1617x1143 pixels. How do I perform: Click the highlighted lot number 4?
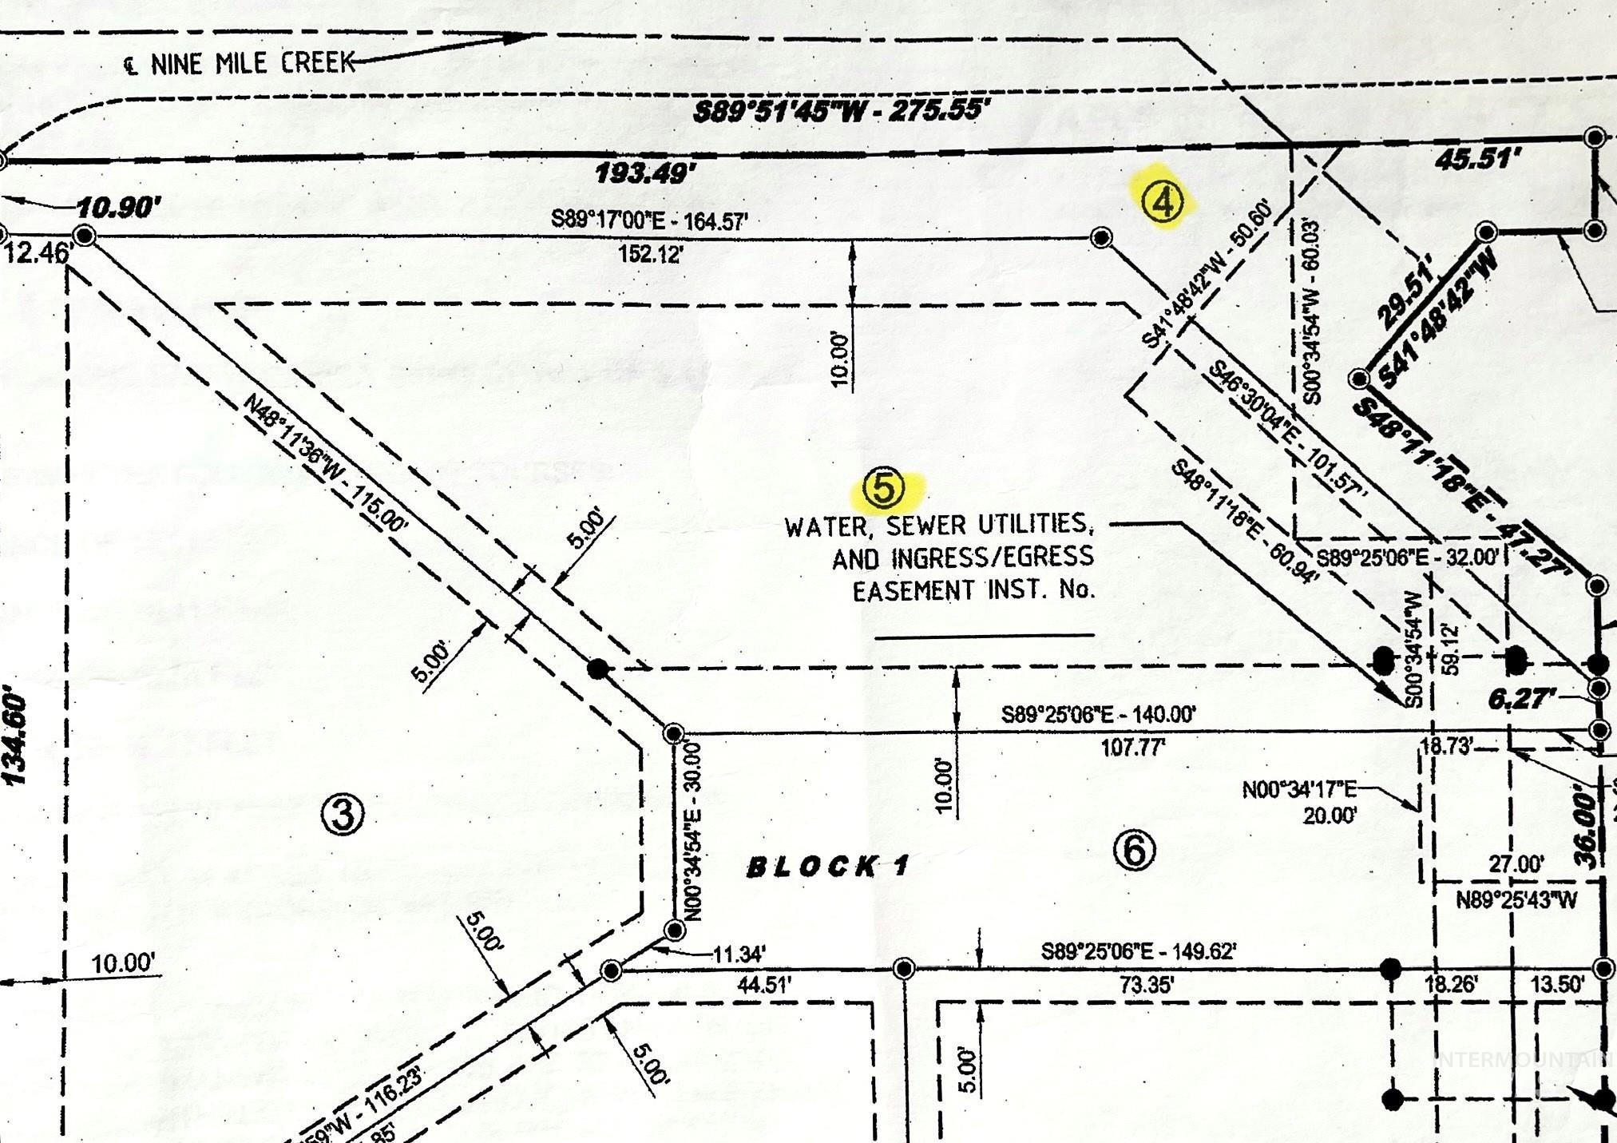pos(1163,202)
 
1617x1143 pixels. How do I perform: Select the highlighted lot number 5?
pos(884,488)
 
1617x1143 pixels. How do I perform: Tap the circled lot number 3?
pos(343,815)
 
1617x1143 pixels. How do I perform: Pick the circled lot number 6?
pos(1134,851)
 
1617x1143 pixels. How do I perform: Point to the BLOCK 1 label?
pos(827,867)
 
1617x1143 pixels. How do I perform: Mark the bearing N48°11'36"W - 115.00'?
pos(327,463)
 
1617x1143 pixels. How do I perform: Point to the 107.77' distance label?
pos(1132,748)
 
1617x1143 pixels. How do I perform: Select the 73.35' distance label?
pos(1145,985)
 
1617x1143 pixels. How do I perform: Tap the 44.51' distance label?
pos(763,985)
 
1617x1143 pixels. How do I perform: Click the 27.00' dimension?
pos(1516,864)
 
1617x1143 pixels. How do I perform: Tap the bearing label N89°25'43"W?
pos(1516,900)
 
